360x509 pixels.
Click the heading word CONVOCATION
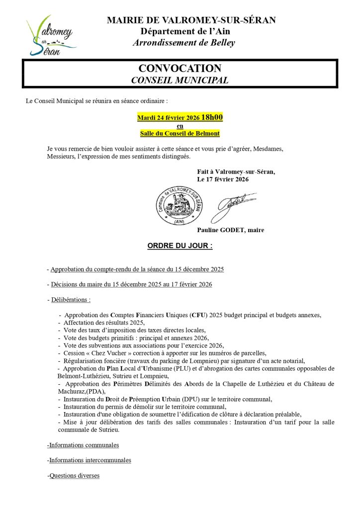coord(180,68)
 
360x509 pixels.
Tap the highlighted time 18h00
coord(212,118)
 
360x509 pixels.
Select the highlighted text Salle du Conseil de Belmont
coord(180,133)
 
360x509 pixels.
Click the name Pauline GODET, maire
coord(230,230)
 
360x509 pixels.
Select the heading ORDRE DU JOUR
coord(180,246)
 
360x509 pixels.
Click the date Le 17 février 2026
coord(223,179)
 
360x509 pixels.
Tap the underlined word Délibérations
coord(71,300)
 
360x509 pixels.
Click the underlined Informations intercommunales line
coord(90,460)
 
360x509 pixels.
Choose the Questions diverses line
coord(74,476)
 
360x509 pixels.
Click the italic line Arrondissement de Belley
coord(184,43)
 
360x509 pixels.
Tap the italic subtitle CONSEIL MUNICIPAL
coord(180,80)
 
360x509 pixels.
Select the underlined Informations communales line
coord(84,445)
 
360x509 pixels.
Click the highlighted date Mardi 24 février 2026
coord(168,118)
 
